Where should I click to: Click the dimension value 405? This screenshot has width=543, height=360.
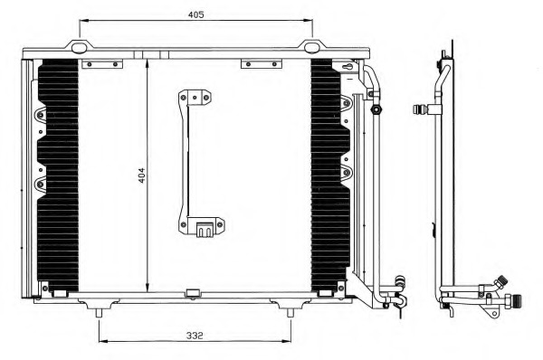[x=196, y=14]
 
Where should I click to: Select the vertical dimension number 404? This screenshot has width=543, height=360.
[x=141, y=175]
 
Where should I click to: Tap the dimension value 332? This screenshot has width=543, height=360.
[x=195, y=336]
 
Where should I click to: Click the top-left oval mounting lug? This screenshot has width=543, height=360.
[x=80, y=47]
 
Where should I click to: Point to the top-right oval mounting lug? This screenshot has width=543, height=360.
[x=312, y=47]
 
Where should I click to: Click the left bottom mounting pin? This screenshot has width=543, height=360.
[x=100, y=313]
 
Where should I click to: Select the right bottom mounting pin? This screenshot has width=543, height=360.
[x=291, y=313]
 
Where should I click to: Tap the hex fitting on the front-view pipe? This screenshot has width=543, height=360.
[x=376, y=109]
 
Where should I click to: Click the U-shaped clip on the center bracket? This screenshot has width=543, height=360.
[x=205, y=230]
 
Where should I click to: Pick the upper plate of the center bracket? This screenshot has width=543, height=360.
[x=195, y=98]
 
